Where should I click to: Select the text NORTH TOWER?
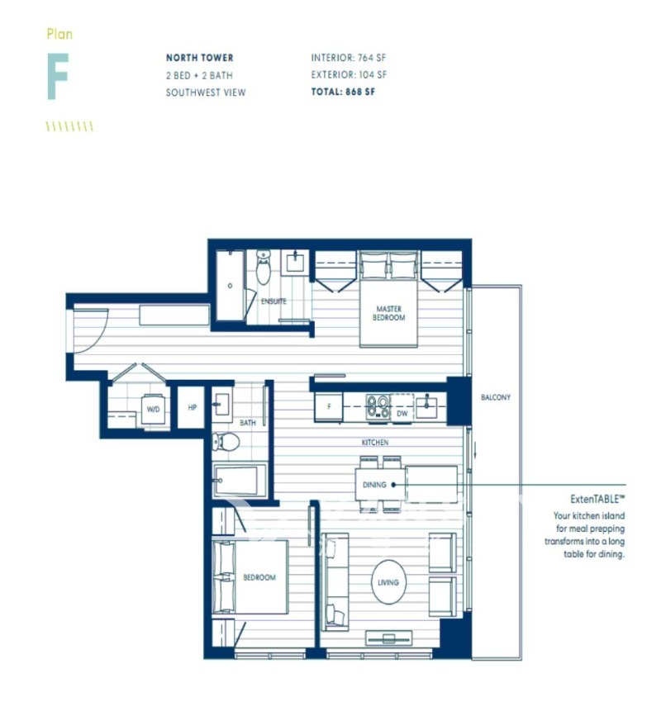199,58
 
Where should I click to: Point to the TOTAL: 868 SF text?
343,92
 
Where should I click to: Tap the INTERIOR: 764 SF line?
348,58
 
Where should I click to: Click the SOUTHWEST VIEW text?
205,92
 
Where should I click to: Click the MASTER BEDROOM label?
388,313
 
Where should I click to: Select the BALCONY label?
496,397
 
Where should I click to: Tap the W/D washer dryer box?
153,409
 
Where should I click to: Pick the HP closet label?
192,408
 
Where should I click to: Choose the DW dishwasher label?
402,413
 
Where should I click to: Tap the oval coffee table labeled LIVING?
388,582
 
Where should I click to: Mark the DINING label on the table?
374,485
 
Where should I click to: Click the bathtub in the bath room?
240,481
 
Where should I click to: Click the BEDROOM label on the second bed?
259,577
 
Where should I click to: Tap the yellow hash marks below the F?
69,126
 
